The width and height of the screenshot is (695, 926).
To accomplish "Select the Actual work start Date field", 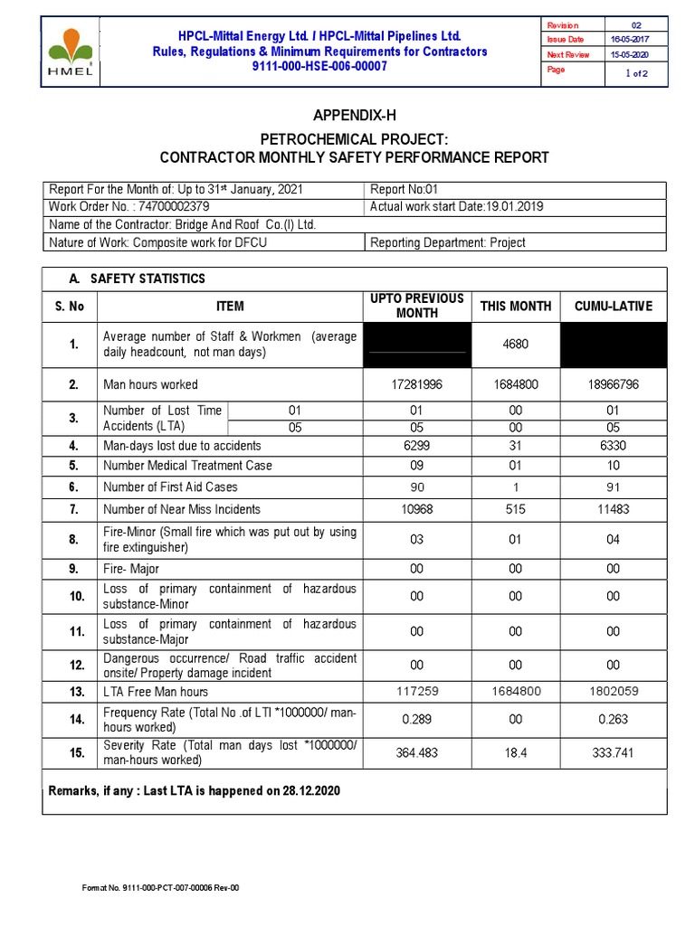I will [x=457, y=207].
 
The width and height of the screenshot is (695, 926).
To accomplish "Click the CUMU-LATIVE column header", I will [x=613, y=307].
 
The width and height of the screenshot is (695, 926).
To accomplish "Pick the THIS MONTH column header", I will [x=516, y=307].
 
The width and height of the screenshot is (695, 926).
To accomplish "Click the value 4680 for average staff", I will [x=516, y=345].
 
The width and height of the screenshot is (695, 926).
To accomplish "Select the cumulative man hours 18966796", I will [x=613, y=384].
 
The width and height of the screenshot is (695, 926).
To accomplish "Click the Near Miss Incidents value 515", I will [x=516, y=509].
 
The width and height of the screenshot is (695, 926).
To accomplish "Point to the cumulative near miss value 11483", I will [x=613, y=509].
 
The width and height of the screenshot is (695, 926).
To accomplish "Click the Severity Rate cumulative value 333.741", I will [x=613, y=752].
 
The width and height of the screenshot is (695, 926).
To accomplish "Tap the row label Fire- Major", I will [x=132, y=569].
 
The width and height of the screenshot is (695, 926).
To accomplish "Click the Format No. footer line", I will [x=160, y=888].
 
